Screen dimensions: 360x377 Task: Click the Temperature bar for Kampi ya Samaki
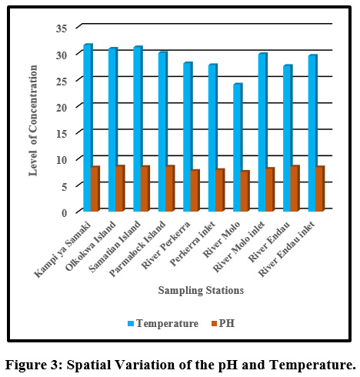88,128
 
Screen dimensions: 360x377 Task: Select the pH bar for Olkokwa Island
120,188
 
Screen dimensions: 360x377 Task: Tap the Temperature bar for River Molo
238,148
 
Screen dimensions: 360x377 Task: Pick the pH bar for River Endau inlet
320,188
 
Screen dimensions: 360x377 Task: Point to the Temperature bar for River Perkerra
188,137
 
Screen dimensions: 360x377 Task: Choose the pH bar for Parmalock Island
170,188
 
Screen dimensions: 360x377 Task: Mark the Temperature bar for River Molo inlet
263,132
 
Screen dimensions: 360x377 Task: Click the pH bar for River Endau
295,188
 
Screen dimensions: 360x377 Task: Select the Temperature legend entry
163,323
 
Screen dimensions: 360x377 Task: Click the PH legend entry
223,323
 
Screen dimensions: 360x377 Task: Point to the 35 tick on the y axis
62,28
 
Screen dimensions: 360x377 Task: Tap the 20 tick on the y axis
62,108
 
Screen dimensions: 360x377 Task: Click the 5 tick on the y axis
65,186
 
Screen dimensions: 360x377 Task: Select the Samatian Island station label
115,246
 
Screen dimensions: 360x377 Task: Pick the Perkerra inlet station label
192,244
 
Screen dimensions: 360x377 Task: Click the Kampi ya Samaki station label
62,250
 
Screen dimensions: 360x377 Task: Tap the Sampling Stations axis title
201,291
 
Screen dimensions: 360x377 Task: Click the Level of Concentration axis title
33,121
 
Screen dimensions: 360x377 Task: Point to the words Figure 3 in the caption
34,365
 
